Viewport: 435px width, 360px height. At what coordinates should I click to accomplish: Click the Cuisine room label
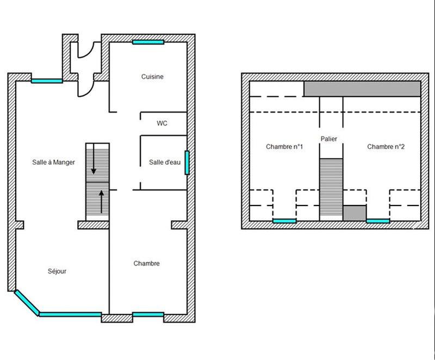pyautogui.click(x=152, y=77)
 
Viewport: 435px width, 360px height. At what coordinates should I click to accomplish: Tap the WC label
pyautogui.click(x=162, y=123)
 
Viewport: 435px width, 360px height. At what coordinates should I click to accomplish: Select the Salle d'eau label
pyautogui.click(x=164, y=162)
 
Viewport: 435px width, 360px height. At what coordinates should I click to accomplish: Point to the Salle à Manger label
pyautogui.click(x=53, y=162)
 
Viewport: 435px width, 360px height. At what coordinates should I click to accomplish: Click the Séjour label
pyautogui.click(x=57, y=271)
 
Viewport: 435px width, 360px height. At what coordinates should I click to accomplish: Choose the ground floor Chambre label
pyautogui.click(x=147, y=264)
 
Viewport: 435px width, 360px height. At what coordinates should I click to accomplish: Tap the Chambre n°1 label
pyautogui.click(x=284, y=147)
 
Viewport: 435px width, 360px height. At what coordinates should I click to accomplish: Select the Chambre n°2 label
pyautogui.click(x=386, y=147)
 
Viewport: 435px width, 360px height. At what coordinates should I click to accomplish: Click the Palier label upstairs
pyautogui.click(x=329, y=139)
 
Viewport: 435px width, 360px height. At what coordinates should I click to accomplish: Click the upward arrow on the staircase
pyautogui.click(x=101, y=199)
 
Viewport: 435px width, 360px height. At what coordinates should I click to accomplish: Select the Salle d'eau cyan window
pyautogui.click(x=187, y=163)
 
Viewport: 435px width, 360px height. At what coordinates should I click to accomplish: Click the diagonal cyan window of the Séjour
pyautogui.click(x=26, y=302)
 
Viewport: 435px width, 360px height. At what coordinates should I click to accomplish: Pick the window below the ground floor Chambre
pyautogui.click(x=148, y=314)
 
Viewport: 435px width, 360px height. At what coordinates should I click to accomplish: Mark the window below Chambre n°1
pyautogui.click(x=284, y=221)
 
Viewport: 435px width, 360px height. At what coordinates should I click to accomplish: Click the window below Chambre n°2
pyautogui.click(x=378, y=221)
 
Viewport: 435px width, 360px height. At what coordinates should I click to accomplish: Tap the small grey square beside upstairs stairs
pyautogui.click(x=355, y=213)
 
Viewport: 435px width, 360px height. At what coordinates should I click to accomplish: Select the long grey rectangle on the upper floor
pyautogui.click(x=362, y=89)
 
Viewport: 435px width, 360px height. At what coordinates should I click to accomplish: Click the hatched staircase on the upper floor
pyautogui.click(x=331, y=188)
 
